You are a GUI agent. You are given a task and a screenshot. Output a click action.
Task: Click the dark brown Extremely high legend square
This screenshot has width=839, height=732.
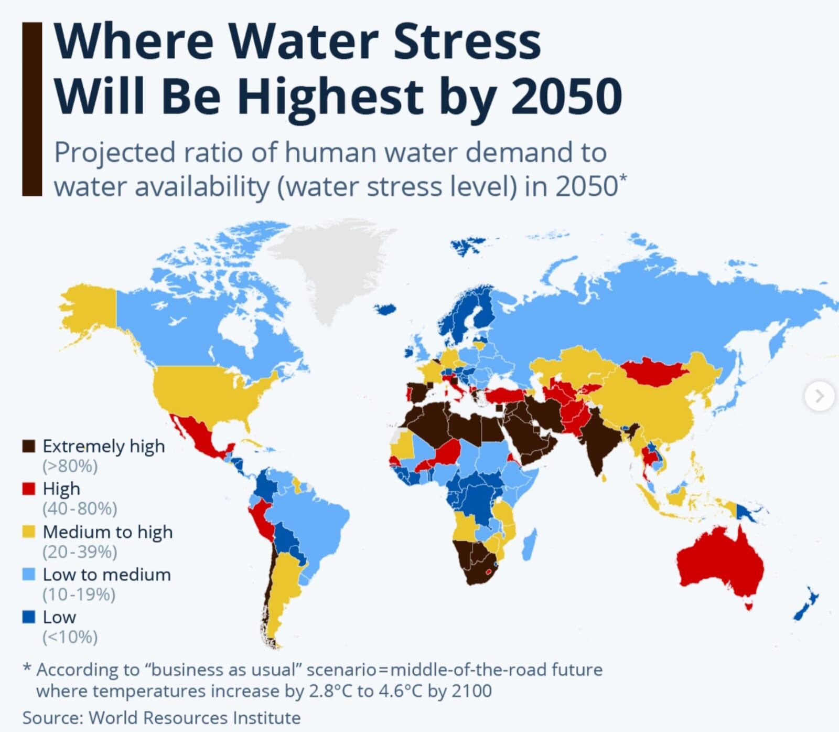[x=28, y=446]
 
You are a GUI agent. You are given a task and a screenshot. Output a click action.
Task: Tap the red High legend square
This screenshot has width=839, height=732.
[x=28, y=489]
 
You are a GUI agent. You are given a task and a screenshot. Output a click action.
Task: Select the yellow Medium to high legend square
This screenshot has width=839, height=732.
[x=28, y=532]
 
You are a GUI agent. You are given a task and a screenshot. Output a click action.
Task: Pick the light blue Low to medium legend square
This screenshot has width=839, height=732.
[x=28, y=575]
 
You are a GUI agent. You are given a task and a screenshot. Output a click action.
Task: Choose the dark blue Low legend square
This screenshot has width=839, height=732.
[x=28, y=617]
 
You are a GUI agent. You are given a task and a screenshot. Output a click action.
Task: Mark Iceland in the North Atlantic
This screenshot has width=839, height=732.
[x=386, y=309]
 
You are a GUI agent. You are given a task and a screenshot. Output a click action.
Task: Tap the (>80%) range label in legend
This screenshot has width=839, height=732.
[x=70, y=466]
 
